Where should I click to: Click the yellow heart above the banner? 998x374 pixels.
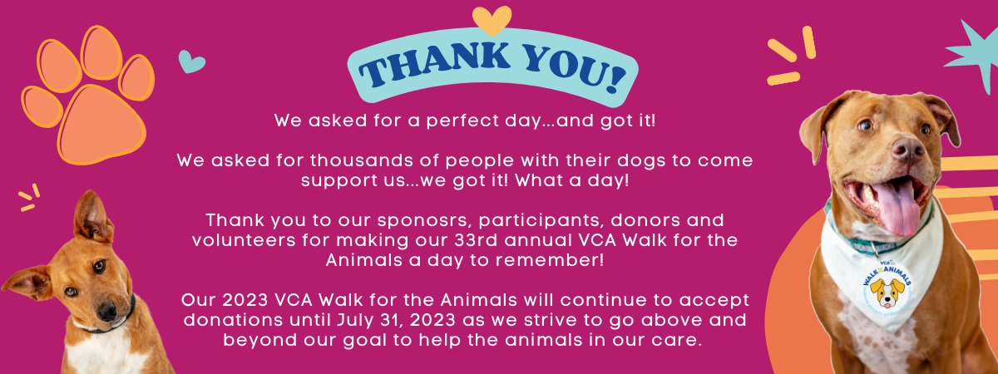coord(492,20)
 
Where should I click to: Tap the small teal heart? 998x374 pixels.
coord(191,61)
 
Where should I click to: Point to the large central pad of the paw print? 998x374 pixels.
coord(102,124)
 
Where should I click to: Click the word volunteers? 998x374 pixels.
coord(244,240)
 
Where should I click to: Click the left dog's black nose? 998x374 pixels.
coord(108,311)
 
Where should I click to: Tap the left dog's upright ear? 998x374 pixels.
coord(91,217)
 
